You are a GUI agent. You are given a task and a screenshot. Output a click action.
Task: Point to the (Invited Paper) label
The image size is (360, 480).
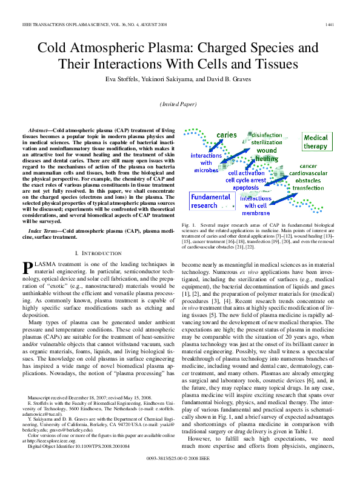179,104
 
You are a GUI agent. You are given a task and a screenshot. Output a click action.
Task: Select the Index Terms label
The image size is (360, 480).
42,231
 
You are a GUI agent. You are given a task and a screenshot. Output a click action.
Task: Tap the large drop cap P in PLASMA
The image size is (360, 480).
27,267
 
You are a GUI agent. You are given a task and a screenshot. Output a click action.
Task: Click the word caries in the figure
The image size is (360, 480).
226,135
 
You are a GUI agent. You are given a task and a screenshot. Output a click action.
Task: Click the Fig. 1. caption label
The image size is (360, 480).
189,224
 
